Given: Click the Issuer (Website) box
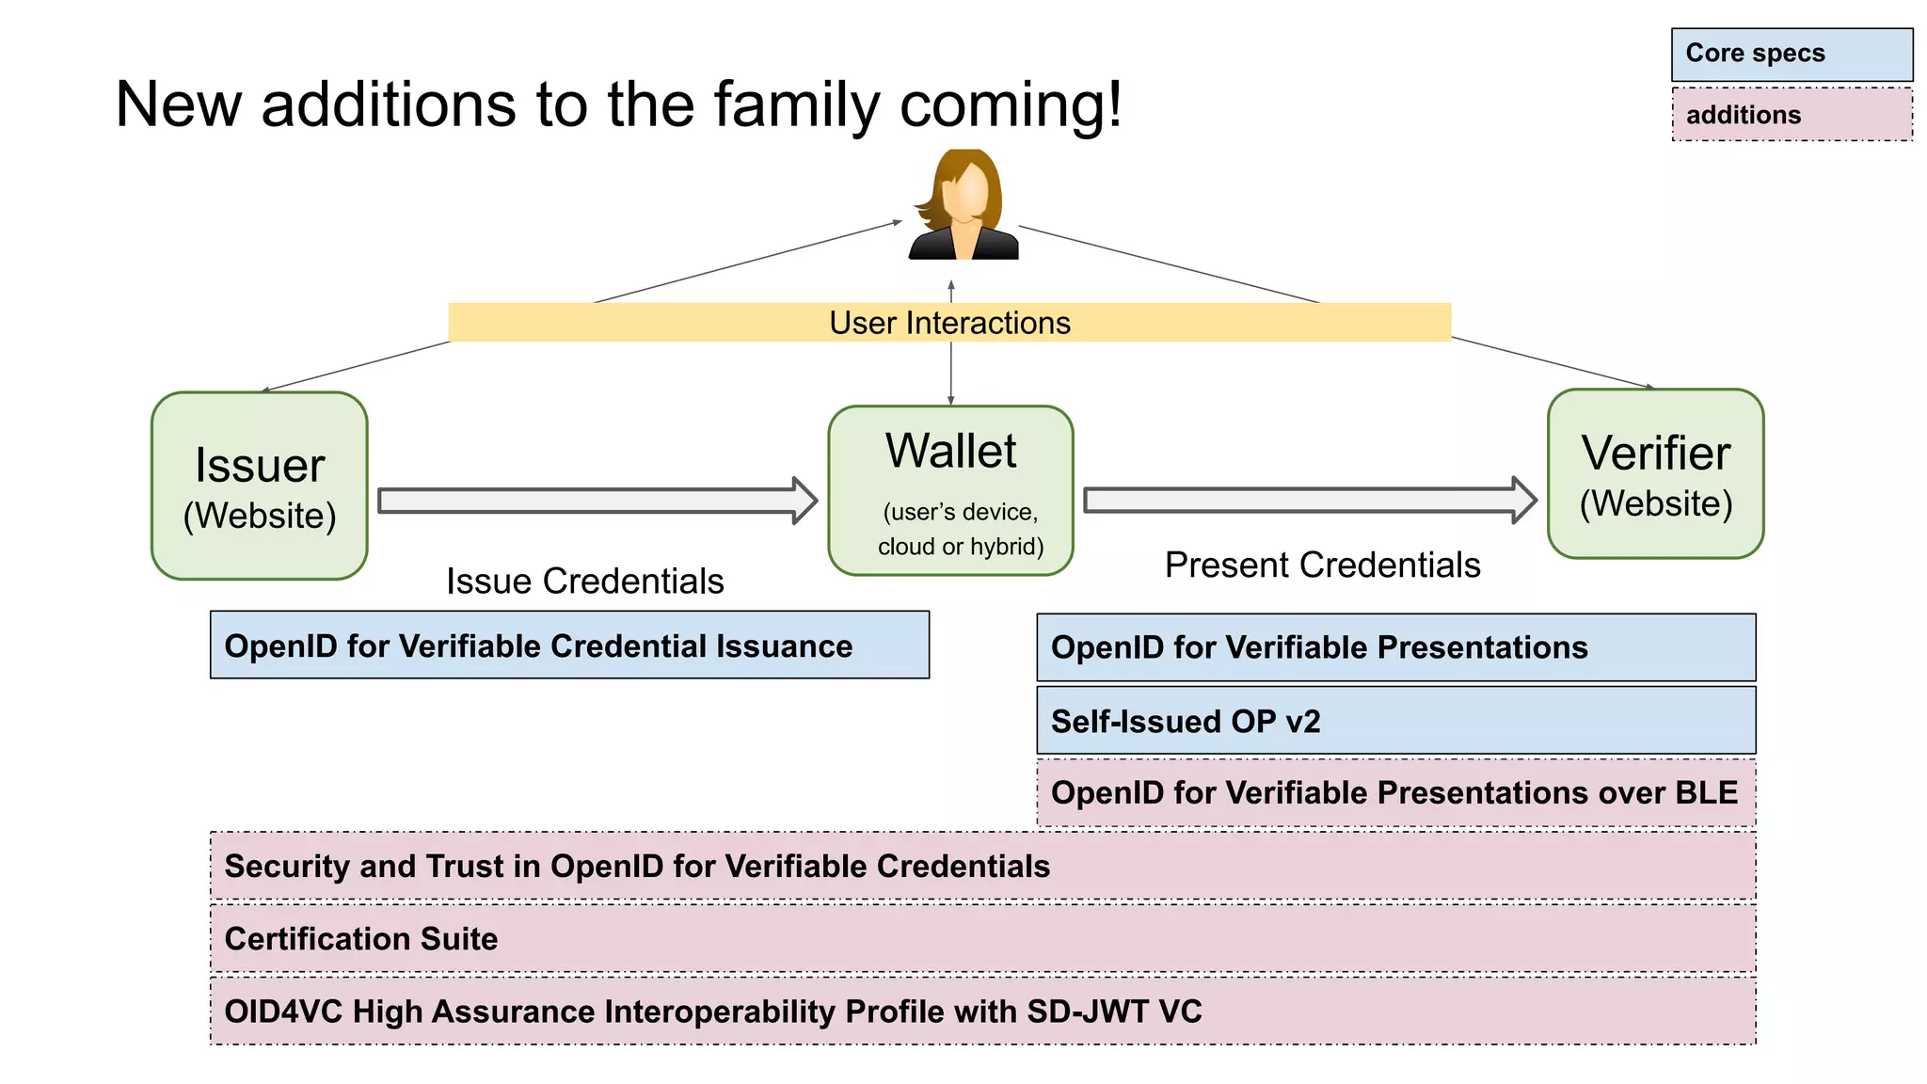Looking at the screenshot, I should pyautogui.click(x=259, y=486).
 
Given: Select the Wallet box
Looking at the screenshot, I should pyautogui.click(x=950, y=489).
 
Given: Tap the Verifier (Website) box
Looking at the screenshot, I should pyautogui.click(x=1655, y=474).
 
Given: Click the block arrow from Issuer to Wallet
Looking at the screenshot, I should pyautogui.click(x=597, y=501).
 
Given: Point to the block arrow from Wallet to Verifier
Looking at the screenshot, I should pyautogui.click(x=1308, y=501).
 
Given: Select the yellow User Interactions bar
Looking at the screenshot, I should pyautogui.click(x=949, y=323).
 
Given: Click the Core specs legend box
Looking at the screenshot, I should pyautogui.click(x=1791, y=54).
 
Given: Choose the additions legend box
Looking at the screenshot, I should pyautogui.click(x=1791, y=115).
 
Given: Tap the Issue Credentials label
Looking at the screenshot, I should pyautogui.click(x=584, y=582).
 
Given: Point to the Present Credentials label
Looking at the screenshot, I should pyautogui.click(x=1322, y=566).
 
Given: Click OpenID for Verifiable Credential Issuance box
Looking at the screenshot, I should pyautogui.click(x=569, y=646).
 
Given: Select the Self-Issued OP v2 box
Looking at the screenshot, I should pyautogui.click(x=1395, y=721).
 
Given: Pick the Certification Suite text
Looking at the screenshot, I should pyautogui.click(x=361, y=939).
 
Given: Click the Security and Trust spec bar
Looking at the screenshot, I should pyautogui.click(x=981, y=866).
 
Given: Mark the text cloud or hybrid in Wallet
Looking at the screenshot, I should pyautogui.click(x=960, y=547).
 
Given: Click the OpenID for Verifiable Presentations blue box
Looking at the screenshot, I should pyautogui.click(x=1395, y=647).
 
